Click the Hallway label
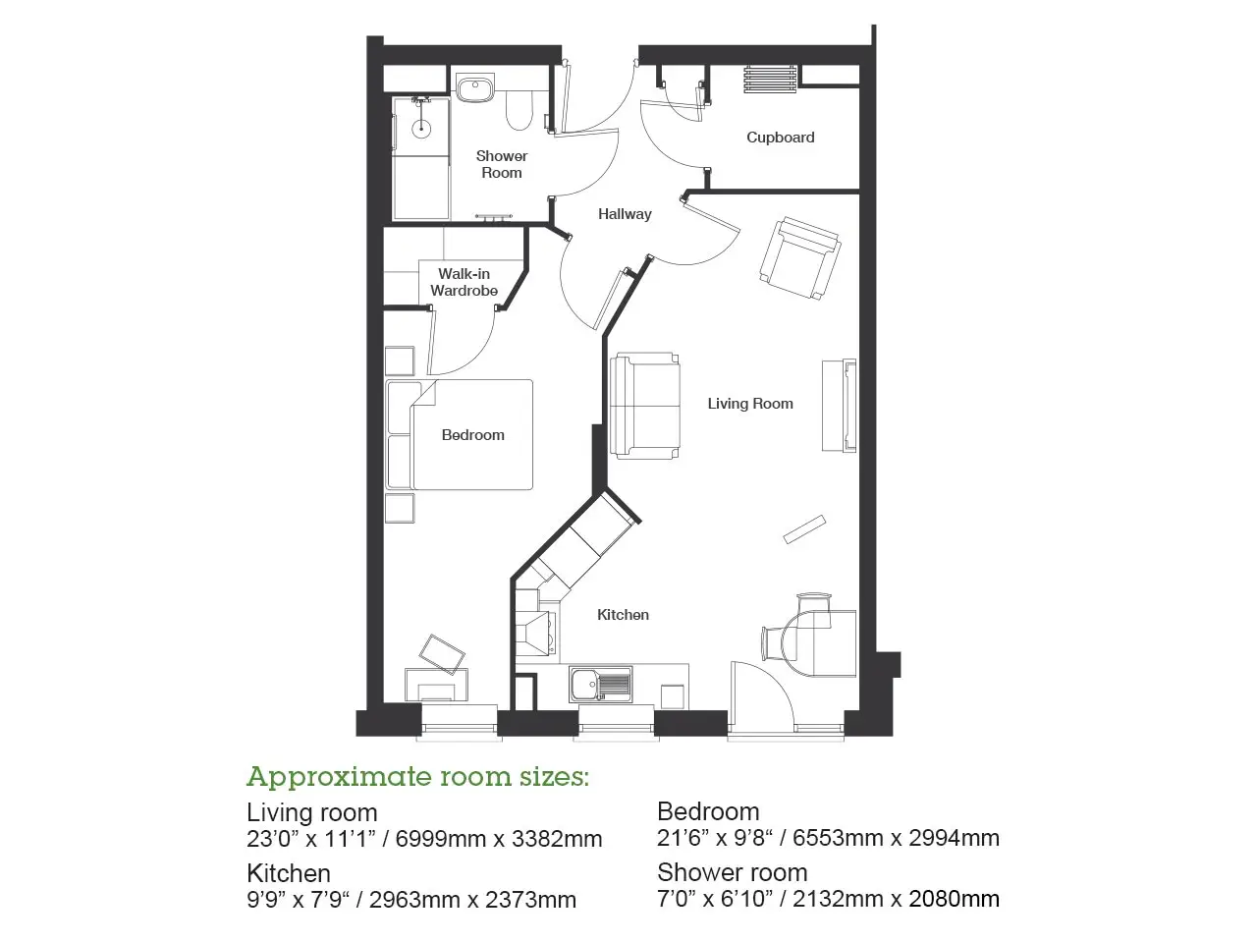[625, 214]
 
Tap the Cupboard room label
[780, 138]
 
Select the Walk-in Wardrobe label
[464, 282]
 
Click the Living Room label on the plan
[750, 404]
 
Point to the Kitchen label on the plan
[623, 615]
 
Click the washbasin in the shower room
[475, 88]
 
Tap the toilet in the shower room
[519, 110]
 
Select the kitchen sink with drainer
[601, 685]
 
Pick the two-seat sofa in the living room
[645, 406]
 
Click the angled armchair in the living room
[800, 257]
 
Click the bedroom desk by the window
[436, 685]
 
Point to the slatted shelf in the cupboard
[770, 79]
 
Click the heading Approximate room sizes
[417, 778]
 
